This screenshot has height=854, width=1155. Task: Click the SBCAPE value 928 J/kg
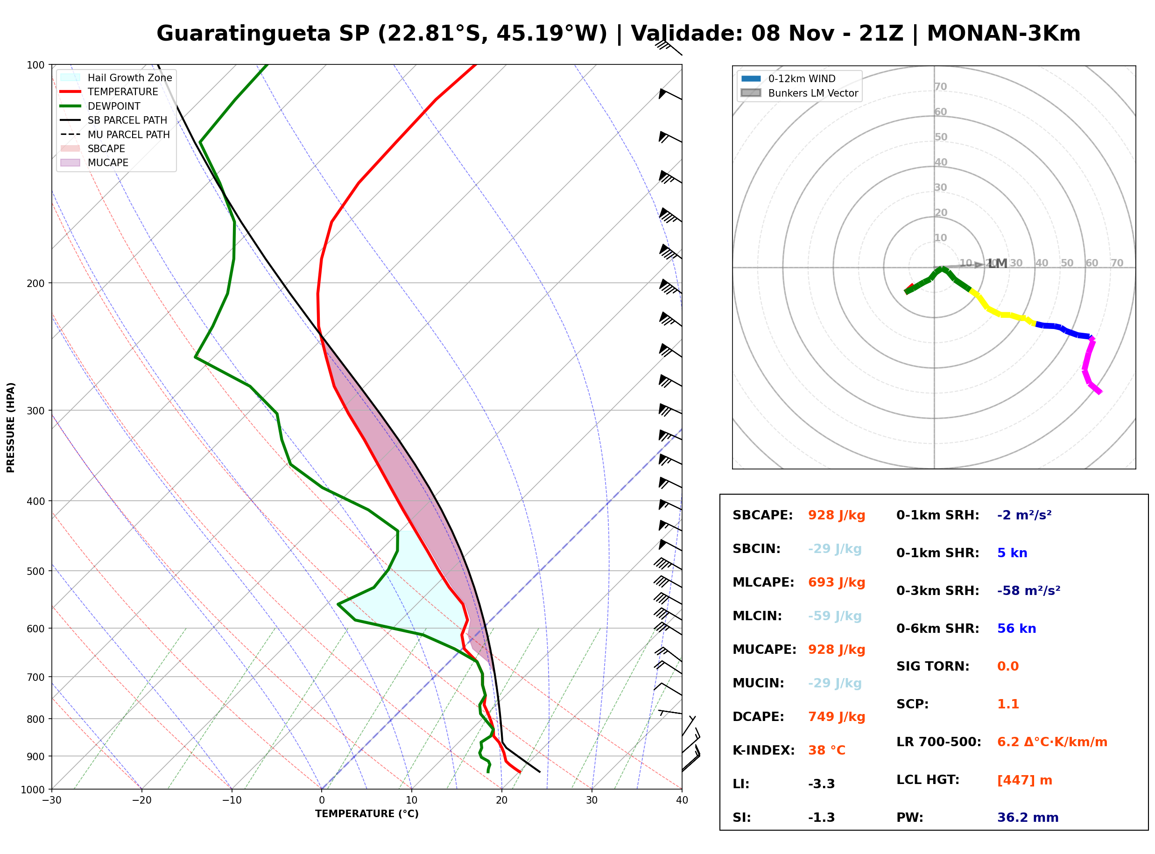coord(837,515)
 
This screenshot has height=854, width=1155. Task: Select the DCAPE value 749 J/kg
coord(837,717)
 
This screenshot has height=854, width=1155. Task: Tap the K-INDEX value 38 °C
coord(827,750)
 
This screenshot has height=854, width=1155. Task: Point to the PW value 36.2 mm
coord(1028,818)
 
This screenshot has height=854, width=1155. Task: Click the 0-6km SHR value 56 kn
coord(1016,629)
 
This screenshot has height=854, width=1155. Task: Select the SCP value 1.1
coord(1007,704)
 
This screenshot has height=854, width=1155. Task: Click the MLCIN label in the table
coord(757,616)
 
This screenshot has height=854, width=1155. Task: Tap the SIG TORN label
coord(933,666)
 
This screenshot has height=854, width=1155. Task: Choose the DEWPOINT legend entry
coord(100,106)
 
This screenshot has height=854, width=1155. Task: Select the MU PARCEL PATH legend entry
coord(115,134)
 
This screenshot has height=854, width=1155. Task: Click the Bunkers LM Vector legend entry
coord(799,93)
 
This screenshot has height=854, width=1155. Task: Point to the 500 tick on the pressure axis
coord(35,571)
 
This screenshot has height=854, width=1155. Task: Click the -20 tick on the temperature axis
coord(141,800)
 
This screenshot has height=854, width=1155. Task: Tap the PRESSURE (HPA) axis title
coord(11,427)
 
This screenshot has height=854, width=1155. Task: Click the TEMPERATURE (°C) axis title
coord(367,814)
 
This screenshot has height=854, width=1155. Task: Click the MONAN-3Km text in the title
coord(1004,34)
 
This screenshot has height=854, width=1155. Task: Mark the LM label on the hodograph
coord(998,264)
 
